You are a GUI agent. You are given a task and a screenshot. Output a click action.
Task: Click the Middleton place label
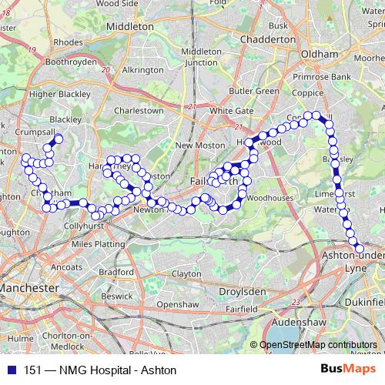[129, 25]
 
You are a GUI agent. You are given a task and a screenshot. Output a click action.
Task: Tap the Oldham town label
[321, 55]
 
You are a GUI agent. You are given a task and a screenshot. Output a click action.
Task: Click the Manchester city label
[28, 287]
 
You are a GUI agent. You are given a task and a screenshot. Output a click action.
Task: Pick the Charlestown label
[139, 110]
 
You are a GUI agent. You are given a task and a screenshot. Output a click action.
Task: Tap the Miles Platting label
[97, 244]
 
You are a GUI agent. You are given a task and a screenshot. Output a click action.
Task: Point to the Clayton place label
[186, 273]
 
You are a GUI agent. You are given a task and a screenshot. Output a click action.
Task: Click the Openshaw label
[173, 304]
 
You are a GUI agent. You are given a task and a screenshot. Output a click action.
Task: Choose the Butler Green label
[256, 91]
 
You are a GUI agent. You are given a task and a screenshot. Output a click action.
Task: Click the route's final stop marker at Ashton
[360, 249]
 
